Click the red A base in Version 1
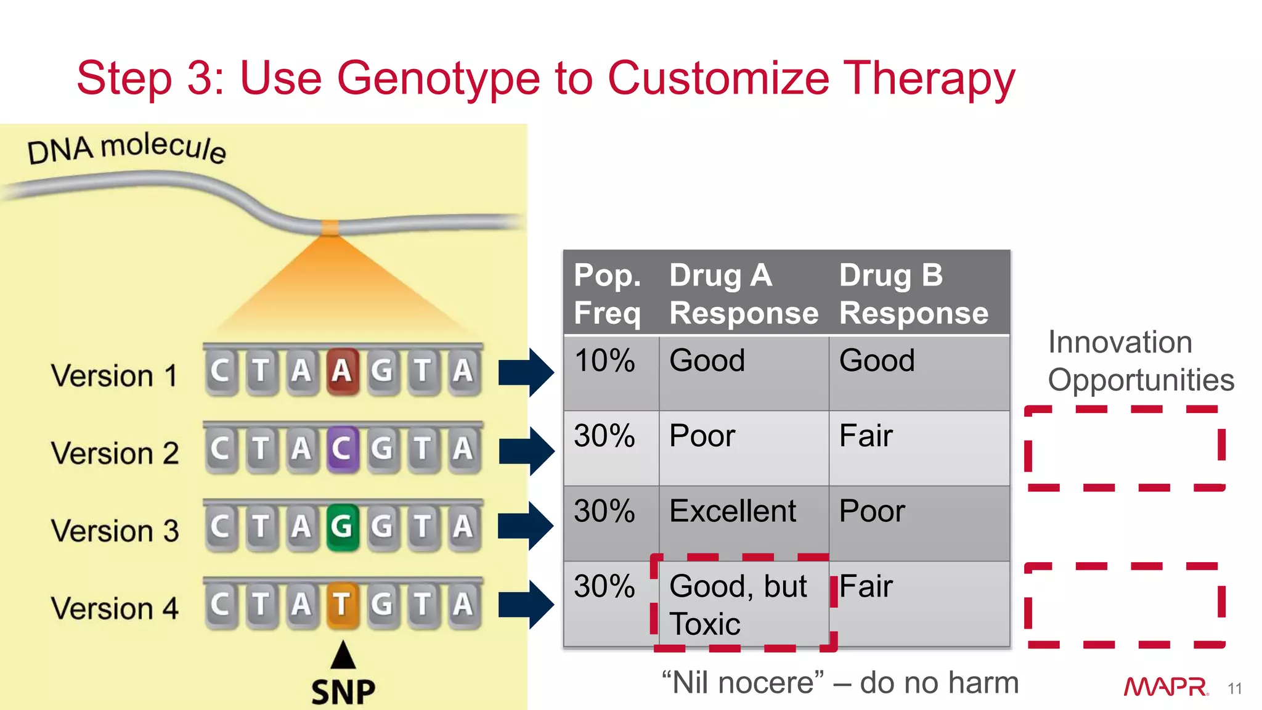342,371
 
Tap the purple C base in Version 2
342,449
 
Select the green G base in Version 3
342,526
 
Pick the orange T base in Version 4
342,604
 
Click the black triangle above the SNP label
343,655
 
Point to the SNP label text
343,692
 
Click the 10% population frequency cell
605,361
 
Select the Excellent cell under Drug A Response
733,512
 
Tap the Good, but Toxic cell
738,605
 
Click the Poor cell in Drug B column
872,512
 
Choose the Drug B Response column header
913,294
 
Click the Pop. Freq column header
608,294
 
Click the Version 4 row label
115,608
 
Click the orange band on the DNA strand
331,227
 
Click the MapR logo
1165,687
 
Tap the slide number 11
1234,688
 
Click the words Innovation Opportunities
1140,361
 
